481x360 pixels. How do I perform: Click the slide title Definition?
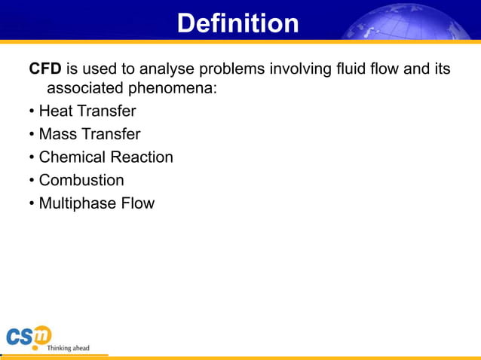[x=237, y=23]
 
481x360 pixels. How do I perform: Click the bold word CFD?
[x=44, y=69]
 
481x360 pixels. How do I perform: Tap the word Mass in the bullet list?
[x=57, y=135]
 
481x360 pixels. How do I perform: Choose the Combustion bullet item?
[x=81, y=181]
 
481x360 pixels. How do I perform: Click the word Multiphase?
[x=75, y=203]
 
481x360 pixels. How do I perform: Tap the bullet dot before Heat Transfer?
[x=32, y=111]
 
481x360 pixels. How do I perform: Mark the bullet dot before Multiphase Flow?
[x=32, y=203]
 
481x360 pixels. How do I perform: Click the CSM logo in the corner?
[x=28, y=337]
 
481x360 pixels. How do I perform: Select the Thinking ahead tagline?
[x=68, y=348]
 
